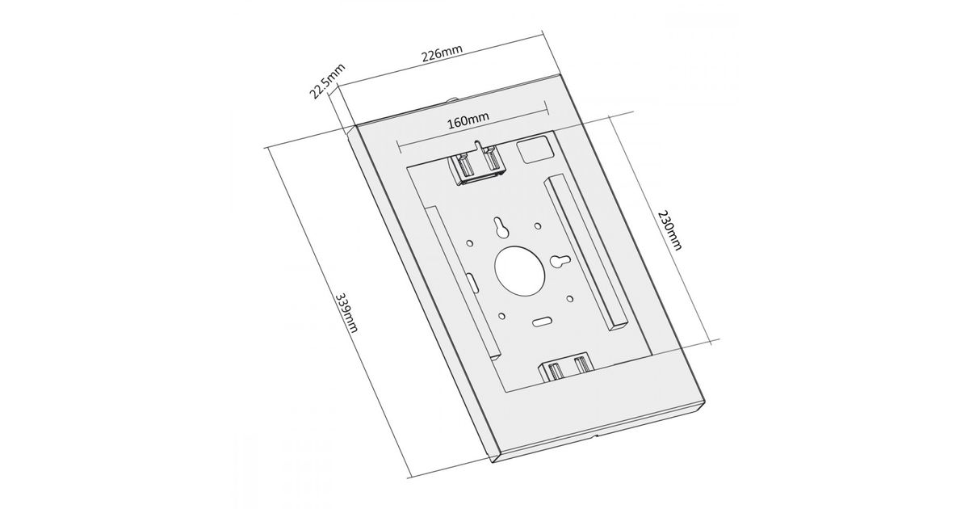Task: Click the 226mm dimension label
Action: point(443,53)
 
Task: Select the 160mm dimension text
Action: point(468,120)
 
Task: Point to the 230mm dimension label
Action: point(669,230)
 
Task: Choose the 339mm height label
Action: point(347,313)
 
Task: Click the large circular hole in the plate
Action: point(519,271)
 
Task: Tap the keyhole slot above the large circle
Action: point(501,227)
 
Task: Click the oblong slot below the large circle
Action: point(542,322)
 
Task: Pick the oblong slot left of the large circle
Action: point(472,282)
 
